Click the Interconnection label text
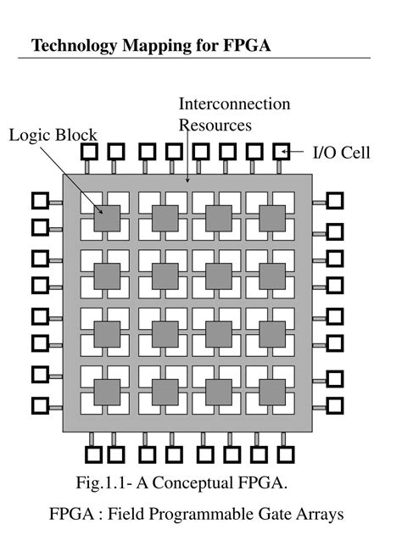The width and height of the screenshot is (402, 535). point(234,104)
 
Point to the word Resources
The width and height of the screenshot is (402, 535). point(215,125)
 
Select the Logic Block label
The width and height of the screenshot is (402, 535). point(53,135)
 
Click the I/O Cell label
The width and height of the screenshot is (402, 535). point(342,153)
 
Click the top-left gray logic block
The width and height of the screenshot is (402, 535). point(106,217)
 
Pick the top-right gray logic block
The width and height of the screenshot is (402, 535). point(271,217)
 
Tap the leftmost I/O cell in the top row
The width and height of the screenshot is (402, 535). point(89,152)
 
